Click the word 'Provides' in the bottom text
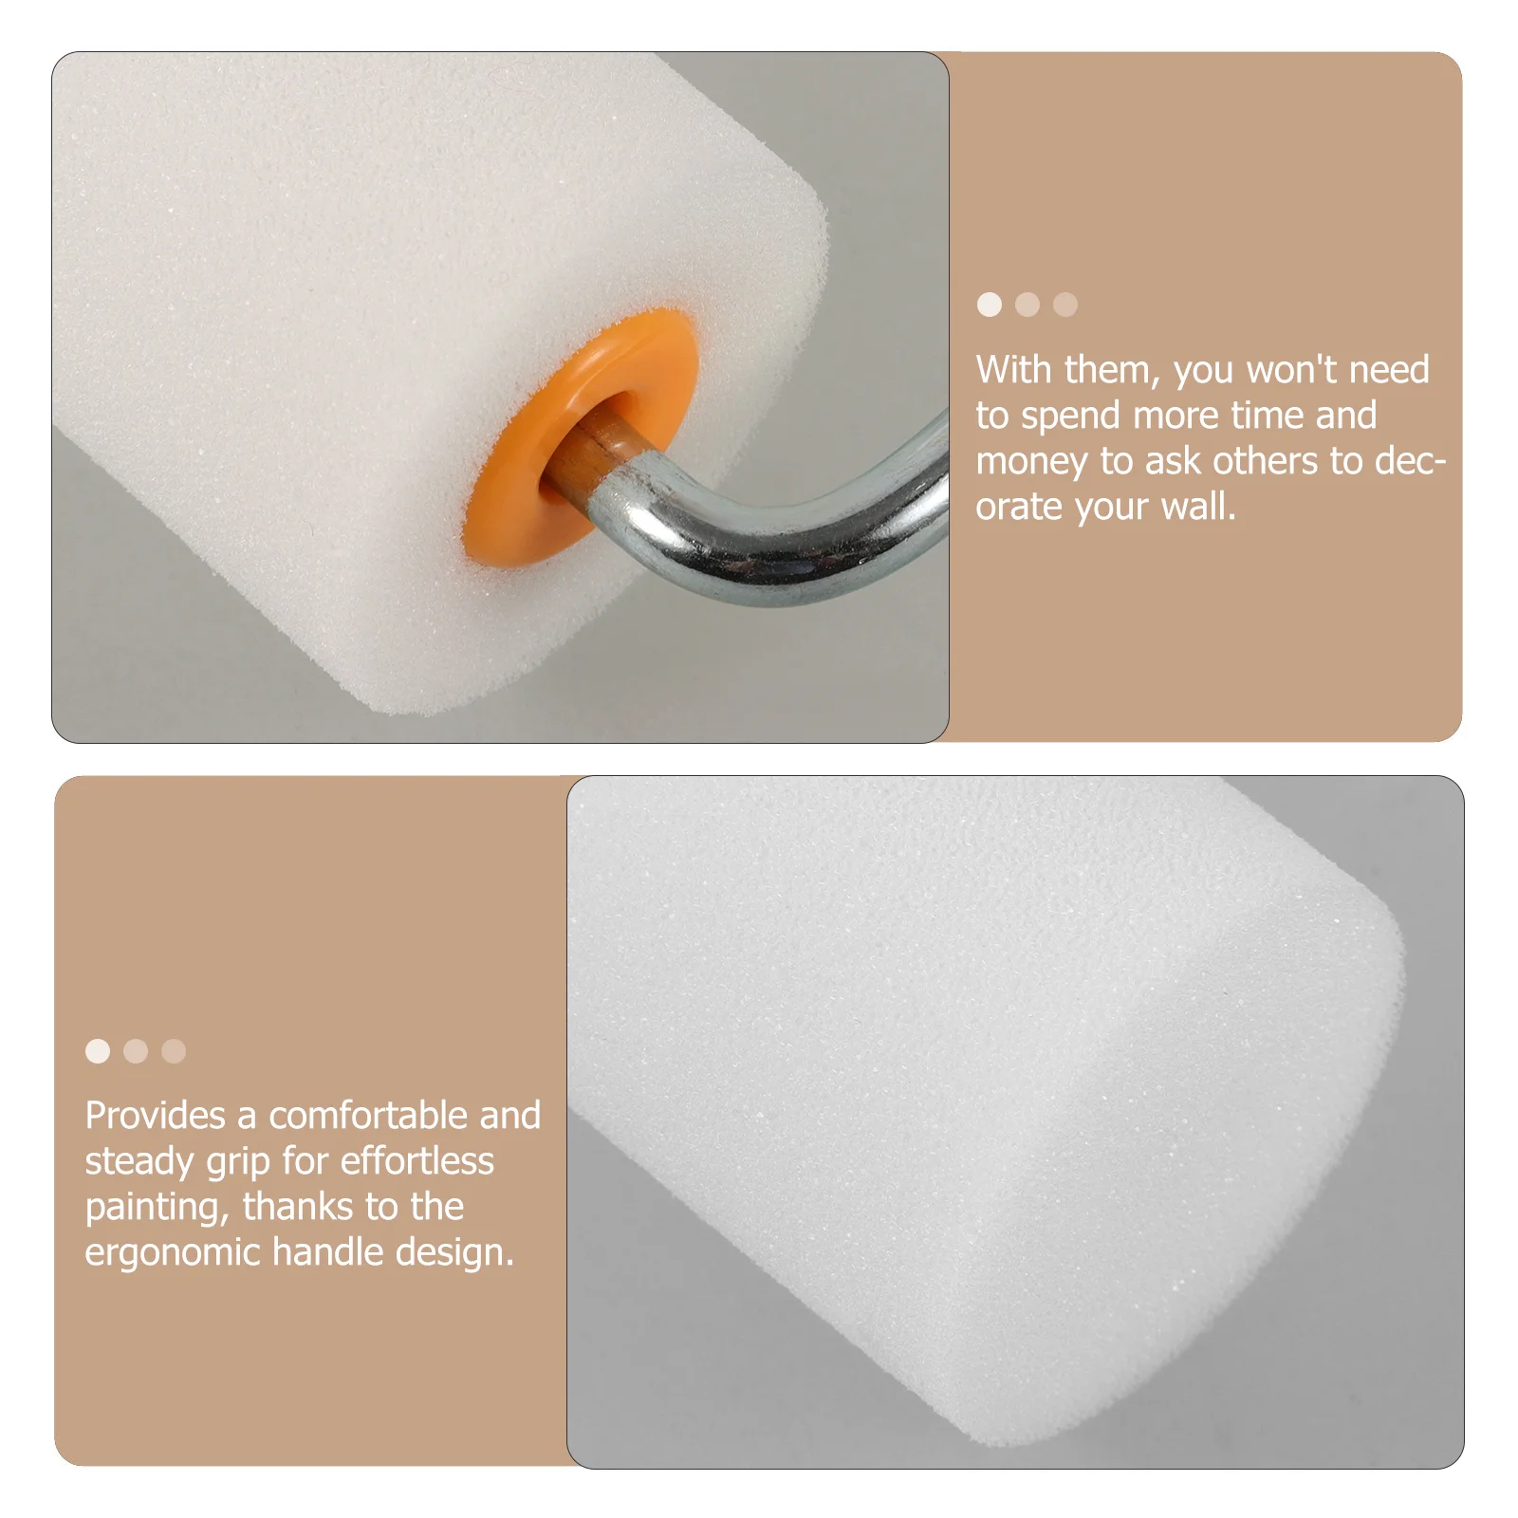coord(155,1116)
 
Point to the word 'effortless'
coord(417,1161)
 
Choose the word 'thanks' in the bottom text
coord(298,1207)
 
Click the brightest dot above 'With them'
coord(990,305)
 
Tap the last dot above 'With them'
coord(1065,305)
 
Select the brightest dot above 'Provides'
coord(98,1051)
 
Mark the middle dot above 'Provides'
coord(136,1051)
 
